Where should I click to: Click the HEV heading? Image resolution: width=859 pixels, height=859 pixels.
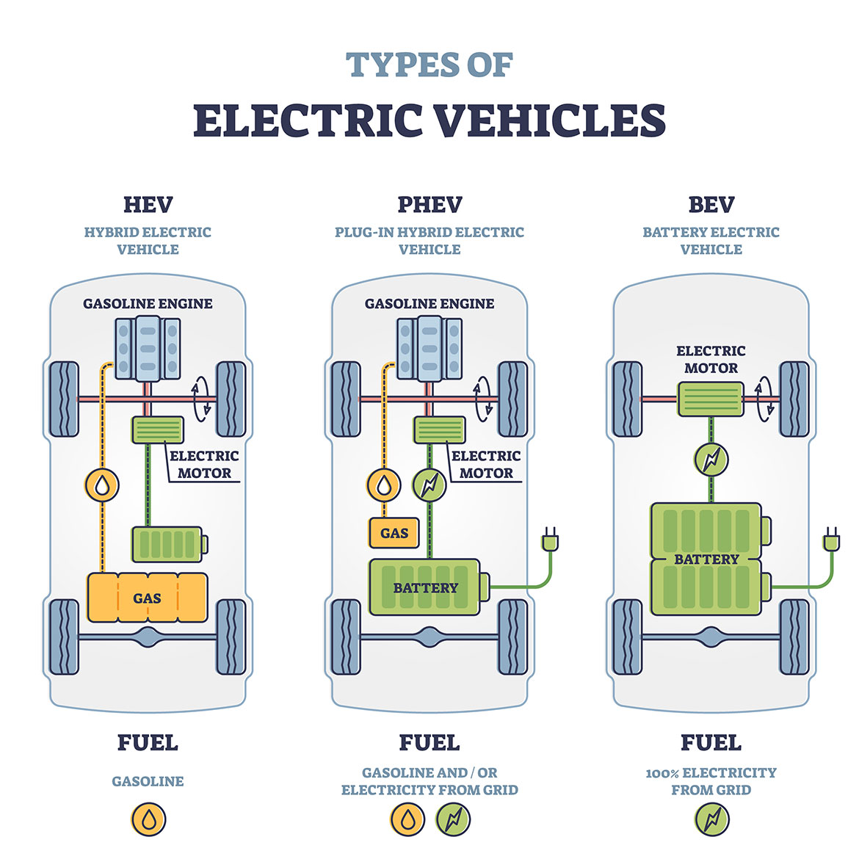[x=148, y=205]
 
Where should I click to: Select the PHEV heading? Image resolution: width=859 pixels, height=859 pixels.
[x=429, y=205]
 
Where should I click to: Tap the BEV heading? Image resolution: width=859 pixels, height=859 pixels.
[x=711, y=205]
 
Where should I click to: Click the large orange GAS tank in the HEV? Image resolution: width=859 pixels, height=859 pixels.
[x=147, y=598]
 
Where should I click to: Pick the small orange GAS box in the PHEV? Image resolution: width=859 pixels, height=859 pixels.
[x=394, y=533]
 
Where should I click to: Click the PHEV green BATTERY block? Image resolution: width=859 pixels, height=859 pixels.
[x=425, y=587]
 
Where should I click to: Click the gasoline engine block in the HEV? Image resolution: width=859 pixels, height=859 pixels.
[x=148, y=349]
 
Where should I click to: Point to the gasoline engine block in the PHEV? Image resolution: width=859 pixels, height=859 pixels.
[x=429, y=349]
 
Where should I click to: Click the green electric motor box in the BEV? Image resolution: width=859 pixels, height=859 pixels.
[x=711, y=399]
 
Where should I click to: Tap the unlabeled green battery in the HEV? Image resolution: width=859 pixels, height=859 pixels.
[x=168, y=544]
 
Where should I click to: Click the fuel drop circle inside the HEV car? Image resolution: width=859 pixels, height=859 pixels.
[x=103, y=485]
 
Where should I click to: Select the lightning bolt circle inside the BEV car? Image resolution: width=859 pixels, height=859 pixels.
[x=711, y=460]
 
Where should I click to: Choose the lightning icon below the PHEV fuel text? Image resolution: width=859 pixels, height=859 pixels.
[x=453, y=820]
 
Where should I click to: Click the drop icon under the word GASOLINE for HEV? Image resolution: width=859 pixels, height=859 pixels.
[x=148, y=820]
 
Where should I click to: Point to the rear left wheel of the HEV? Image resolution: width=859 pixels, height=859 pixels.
[x=64, y=637]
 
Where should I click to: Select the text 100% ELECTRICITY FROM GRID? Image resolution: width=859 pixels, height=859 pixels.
[x=711, y=781]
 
